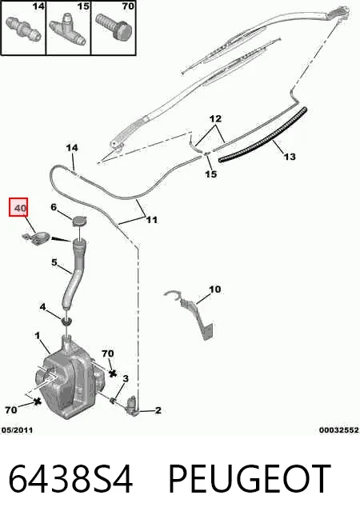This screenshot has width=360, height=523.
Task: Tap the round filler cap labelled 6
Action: [x=79, y=221]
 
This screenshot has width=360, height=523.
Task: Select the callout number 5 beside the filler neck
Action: [x=54, y=262]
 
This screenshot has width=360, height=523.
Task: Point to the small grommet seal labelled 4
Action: [x=66, y=321]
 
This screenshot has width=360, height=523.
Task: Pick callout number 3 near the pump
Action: [x=126, y=378]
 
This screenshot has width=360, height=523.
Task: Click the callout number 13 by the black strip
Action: [x=290, y=157]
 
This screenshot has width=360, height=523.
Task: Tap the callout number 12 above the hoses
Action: [x=215, y=118]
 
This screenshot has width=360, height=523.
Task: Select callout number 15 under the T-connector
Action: [x=211, y=174]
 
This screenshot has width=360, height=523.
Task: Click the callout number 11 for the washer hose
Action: [x=152, y=220]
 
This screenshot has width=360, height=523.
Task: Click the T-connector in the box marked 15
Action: [x=68, y=29]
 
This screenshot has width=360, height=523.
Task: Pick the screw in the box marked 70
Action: [x=114, y=26]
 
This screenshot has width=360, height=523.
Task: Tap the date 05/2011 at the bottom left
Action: [x=17, y=430]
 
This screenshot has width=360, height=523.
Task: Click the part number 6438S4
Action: [x=70, y=479]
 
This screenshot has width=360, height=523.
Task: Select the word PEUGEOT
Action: [x=250, y=479]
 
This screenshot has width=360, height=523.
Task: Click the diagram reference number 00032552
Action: [x=339, y=430]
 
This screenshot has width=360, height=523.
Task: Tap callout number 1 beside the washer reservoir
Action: [x=38, y=335]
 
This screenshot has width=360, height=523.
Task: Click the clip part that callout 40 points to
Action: [x=36, y=238]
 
